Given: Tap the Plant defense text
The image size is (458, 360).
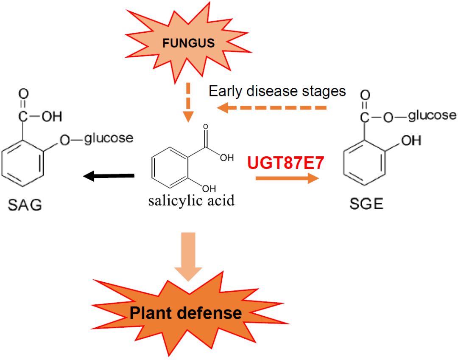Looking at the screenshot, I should pos(186,313).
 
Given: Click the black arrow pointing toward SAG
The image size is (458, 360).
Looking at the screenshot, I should pos(109,175).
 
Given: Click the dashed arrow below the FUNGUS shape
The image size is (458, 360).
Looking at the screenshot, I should pos(188,102).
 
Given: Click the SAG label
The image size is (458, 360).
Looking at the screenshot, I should pos(25,206).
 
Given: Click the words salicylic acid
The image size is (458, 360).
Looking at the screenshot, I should pos(192,200).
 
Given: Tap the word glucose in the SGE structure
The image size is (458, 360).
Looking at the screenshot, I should pos(433,115).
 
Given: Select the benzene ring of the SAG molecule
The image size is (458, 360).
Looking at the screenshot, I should pos(23,163).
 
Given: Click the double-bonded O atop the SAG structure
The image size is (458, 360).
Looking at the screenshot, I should pos(23,93).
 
